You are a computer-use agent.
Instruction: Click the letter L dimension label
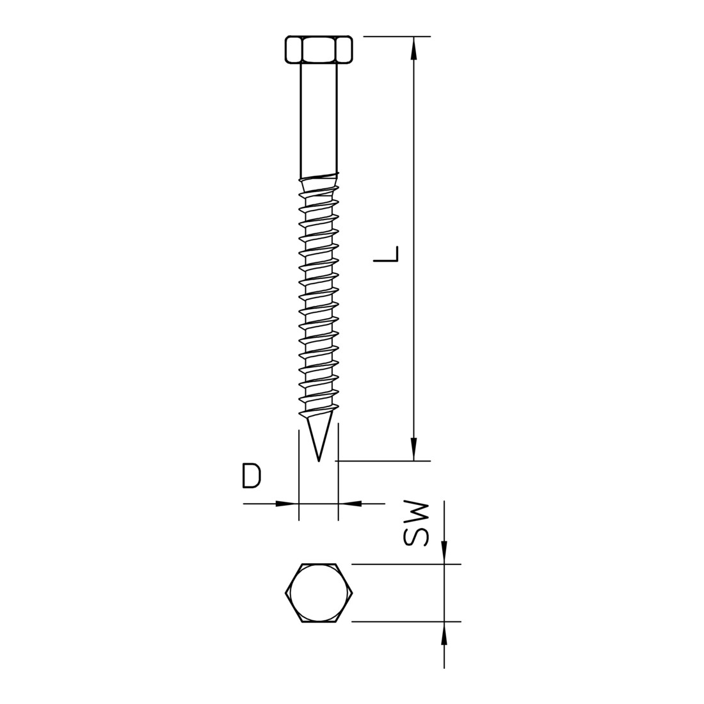386,253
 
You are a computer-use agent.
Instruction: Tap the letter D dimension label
252,476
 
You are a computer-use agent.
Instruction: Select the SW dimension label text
417,524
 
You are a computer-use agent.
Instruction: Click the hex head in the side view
319,49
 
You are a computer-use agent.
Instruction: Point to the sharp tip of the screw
319,461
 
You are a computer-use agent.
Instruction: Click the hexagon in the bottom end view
319,593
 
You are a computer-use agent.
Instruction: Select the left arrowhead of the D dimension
287,504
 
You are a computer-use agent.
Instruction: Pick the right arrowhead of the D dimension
349,504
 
